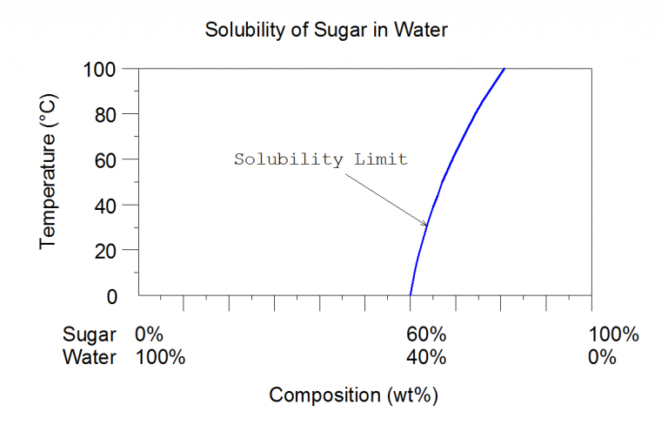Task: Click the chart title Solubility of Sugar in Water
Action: [x=325, y=30]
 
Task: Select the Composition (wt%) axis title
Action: [x=353, y=395]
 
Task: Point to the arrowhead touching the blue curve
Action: [x=425, y=225]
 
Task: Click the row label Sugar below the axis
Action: [x=90, y=334]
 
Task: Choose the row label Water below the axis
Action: [x=90, y=357]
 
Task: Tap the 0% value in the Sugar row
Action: [x=149, y=334]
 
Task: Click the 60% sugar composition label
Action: [x=426, y=334]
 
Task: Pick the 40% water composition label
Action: [x=426, y=357]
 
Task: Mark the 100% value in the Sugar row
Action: [x=613, y=334]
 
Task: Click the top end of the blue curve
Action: [x=504, y=70]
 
